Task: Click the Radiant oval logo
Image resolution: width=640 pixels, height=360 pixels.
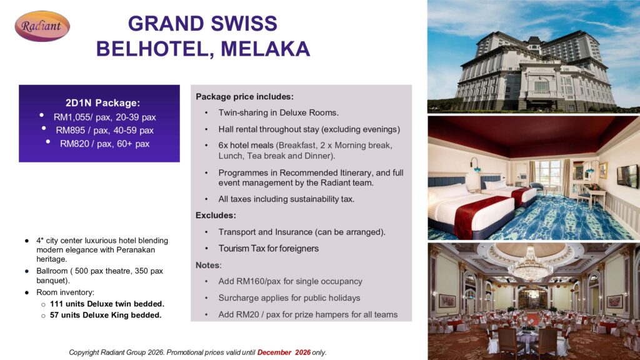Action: (x=42, y=26)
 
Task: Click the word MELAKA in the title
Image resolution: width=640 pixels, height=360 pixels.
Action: (x=266, y=49)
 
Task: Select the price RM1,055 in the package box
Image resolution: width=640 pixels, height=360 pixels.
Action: (x=73, y=117)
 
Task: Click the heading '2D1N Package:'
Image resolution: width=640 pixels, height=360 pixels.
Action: (x=103, y=103)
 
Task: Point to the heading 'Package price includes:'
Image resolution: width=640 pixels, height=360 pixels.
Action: (x=244, y=97)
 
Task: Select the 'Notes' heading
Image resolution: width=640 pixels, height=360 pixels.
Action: (x=207, y=265)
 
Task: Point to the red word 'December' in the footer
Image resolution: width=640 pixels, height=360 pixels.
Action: (x=274, y=352)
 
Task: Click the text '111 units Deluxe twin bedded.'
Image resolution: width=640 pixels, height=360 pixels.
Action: (x=107, y=304)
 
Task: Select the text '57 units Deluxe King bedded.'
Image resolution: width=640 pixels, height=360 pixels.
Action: (x=106, y=315)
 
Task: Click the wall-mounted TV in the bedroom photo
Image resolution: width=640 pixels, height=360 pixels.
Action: (x=627, y=176)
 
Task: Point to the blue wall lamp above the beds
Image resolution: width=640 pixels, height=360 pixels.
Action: (x=475, y=164)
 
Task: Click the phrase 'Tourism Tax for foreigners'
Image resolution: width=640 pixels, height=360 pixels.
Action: (x=269, y=249)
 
